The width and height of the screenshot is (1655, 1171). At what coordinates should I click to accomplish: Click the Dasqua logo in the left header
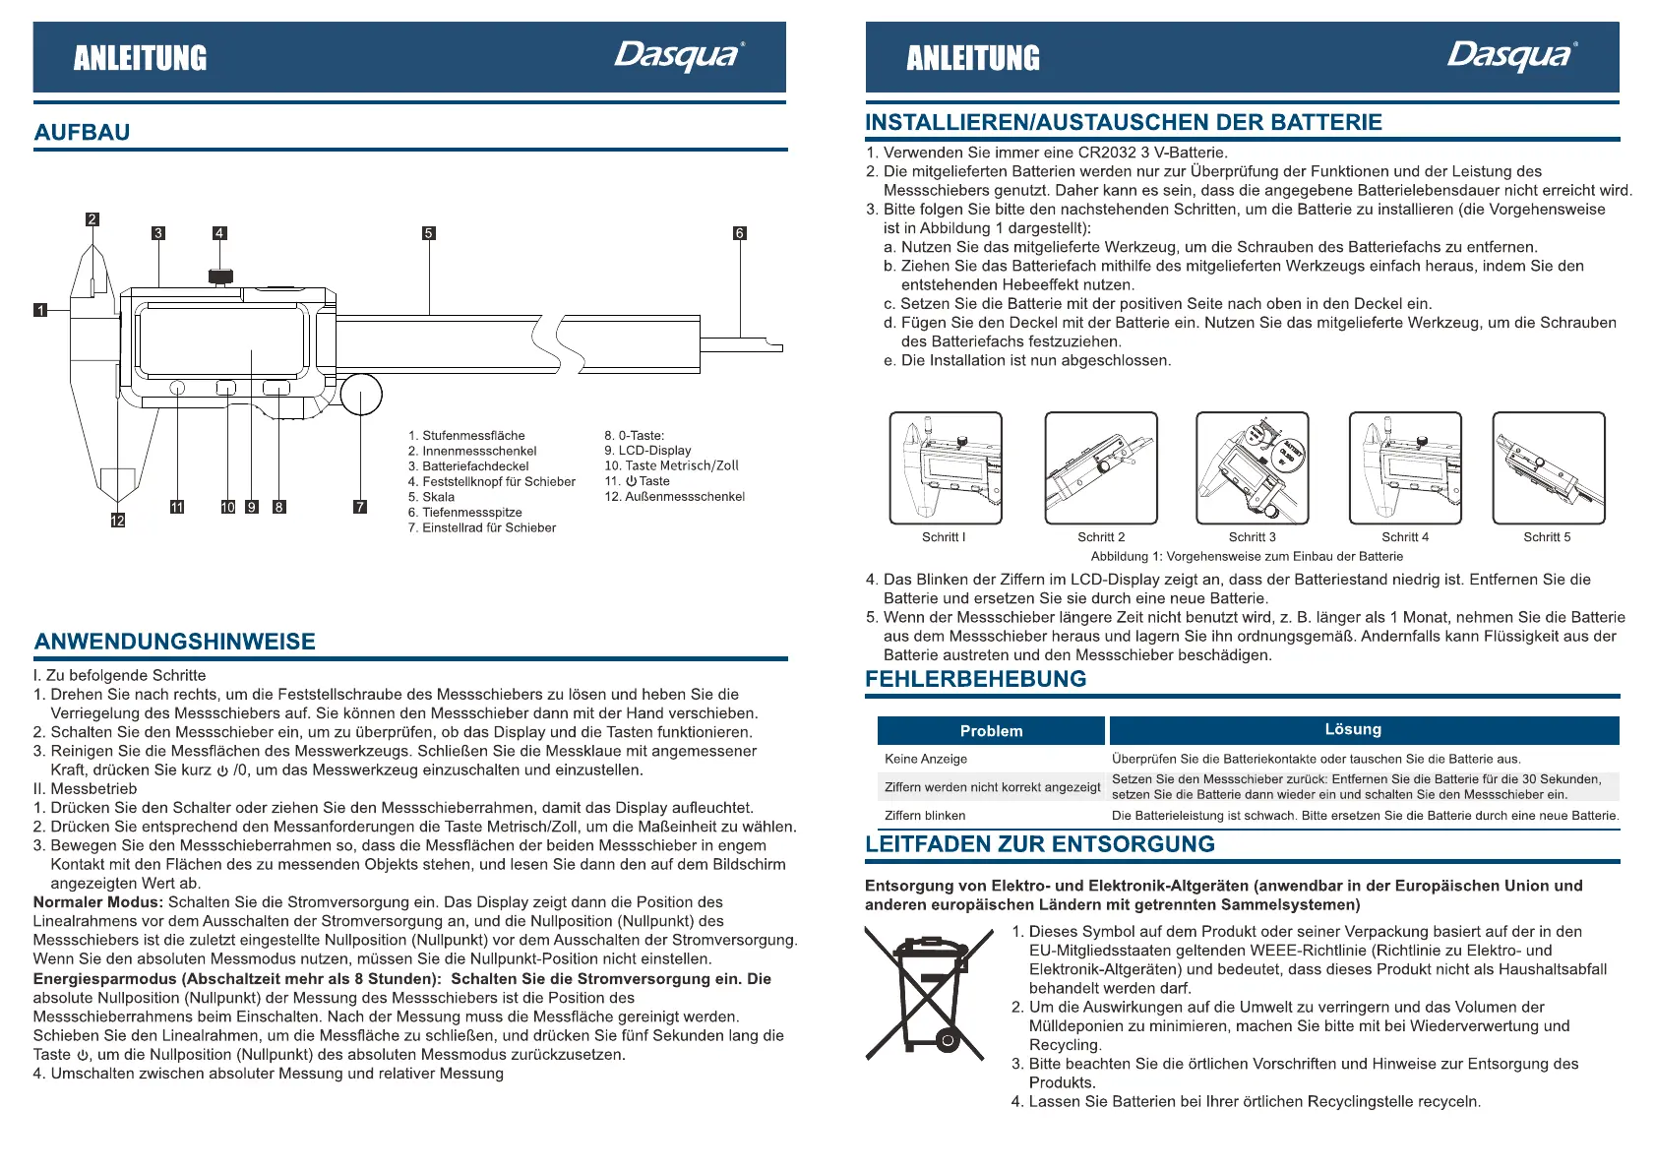tap(679, 55)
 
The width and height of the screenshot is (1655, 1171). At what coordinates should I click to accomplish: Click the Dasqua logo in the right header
tap(1511, 55)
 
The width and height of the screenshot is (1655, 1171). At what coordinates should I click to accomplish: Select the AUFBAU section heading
tap(82, 132)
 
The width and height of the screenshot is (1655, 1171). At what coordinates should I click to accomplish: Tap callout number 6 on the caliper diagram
tap(740, 233)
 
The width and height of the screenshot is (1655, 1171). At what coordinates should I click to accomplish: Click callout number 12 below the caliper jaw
tap(118, 521)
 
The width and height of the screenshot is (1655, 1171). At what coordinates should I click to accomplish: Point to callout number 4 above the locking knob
tap(219, 233)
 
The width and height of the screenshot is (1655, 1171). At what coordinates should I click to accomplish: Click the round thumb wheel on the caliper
tap(361, 396)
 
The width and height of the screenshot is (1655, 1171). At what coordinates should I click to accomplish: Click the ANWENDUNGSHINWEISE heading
tap(175, 642)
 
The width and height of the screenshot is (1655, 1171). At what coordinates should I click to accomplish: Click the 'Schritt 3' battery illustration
tap(1252, 467)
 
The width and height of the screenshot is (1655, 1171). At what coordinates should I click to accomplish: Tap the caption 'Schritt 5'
tap(1547, 537)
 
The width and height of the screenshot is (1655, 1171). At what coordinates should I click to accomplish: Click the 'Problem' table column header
tap(991, 731)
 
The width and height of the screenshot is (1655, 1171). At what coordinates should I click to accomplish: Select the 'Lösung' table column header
tap(1353, 729)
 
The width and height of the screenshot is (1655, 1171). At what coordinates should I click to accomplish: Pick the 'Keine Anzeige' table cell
tap(926, 759)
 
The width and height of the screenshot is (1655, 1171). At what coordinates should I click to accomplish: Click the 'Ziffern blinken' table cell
tap(925, 816)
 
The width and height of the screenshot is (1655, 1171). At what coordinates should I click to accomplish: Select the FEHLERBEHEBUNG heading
tap(975, 679)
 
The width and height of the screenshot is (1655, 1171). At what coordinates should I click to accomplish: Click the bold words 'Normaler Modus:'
tap(97, 902)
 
